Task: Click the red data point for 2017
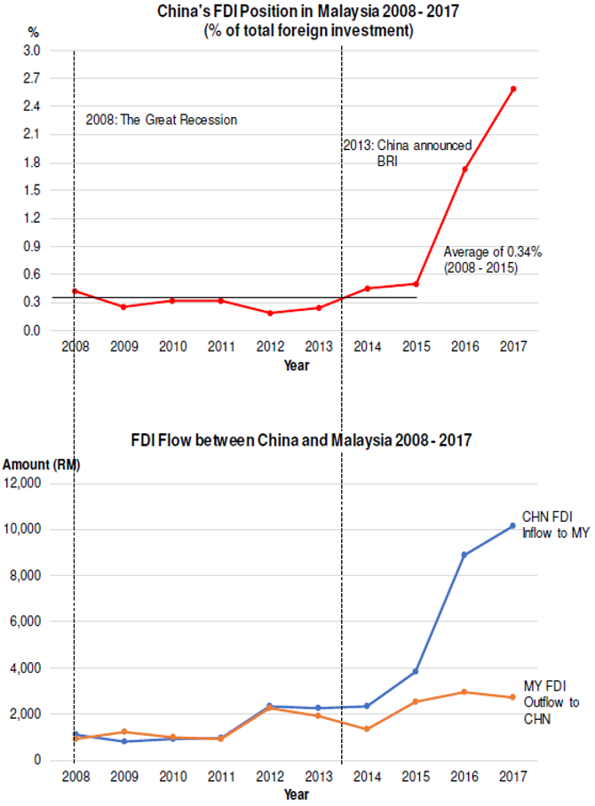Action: tap(513, 89)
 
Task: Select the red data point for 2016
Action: tap(464, 169)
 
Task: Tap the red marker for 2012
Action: tap(270, 312)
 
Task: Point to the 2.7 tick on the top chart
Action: tap(32, 78)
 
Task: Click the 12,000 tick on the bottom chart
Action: tap(36, 483)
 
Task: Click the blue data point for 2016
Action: tap(464, 555)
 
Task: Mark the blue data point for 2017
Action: tap(513, 525)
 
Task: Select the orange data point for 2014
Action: tap(367, 729)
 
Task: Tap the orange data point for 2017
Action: tap(513, 697)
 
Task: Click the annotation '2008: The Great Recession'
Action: tap(162, 119)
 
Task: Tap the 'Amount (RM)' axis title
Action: tap(39, 464)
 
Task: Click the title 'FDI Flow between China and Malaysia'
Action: tap(300, 439)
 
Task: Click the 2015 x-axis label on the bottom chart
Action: tap(416, 777)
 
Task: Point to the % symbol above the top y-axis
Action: tap(33, 32)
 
